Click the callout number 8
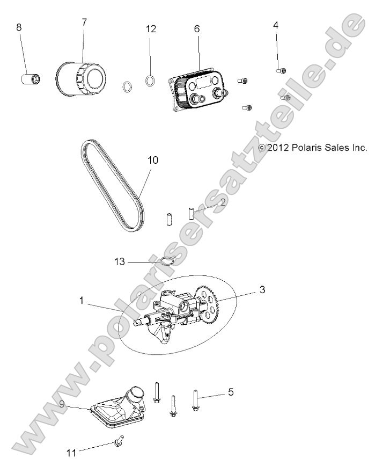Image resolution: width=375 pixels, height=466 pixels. [x=19, y=27]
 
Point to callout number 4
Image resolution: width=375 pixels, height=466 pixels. [x=276, y=25]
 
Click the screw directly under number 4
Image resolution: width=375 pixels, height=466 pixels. [x=282, y=70]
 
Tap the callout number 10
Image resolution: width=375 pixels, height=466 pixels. [x=152, y=161]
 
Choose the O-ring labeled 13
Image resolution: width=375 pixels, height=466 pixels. [x=167, y=261]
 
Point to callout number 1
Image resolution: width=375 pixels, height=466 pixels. [x=81, y=302]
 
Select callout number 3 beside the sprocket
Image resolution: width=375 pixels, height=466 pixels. [x=262, y=289]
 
